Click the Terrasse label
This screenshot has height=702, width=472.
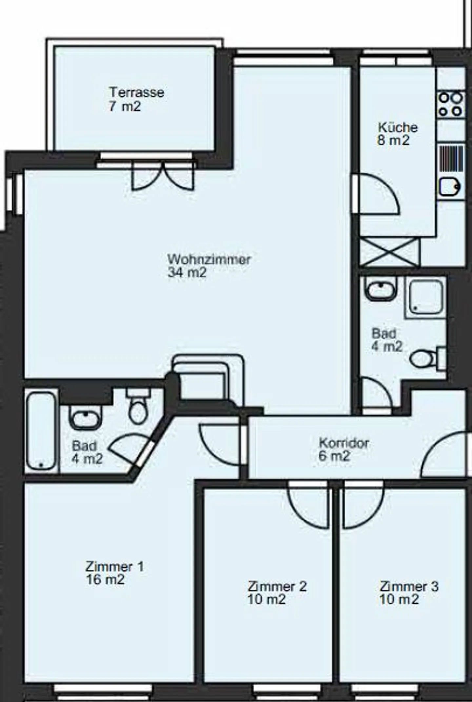137,92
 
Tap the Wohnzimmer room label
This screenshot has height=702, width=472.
209,259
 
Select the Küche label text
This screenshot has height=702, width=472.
398,127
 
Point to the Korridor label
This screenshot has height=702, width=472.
344,443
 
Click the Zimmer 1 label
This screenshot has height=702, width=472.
114,567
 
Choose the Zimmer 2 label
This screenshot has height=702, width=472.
277,586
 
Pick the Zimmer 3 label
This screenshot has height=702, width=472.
409,586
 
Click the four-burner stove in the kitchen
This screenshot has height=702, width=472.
451,105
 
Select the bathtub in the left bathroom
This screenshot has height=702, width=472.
41,431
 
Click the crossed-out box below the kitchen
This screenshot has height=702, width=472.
389,252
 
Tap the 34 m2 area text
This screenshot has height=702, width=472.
187,272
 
